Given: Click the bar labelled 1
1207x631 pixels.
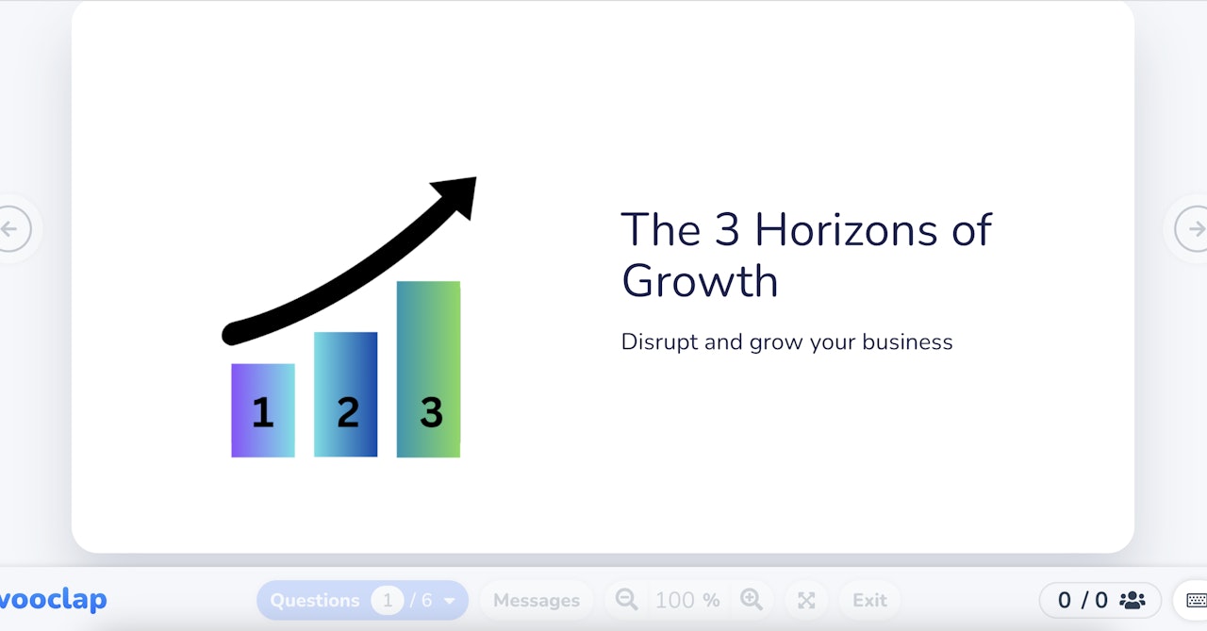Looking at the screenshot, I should tap(263, 410).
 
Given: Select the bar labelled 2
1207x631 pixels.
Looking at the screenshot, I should tap(346, 394).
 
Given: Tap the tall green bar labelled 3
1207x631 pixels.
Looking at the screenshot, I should tap(429, 369).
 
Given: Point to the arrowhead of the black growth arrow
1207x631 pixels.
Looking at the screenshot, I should tap(459, 193).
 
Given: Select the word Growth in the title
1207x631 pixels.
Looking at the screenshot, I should tap(700, 281).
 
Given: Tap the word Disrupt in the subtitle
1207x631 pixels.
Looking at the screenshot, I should tap(659, 341).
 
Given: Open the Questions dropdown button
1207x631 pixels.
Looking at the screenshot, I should tap(362, 600).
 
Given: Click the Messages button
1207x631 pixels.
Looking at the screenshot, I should tap(537, 600).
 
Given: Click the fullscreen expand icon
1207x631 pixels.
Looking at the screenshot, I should tap(806, 600).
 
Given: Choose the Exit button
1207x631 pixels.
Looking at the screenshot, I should tap(869, 600).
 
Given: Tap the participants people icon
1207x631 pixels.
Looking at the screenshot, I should tap(1132, 600).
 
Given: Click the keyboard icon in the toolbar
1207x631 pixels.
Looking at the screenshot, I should tap(1196, 600).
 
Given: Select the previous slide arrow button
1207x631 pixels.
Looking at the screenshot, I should tap(11, 228).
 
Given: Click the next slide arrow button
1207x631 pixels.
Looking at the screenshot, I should tap(1194, 228).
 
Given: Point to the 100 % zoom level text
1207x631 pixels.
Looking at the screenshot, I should tap(687, 600).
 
